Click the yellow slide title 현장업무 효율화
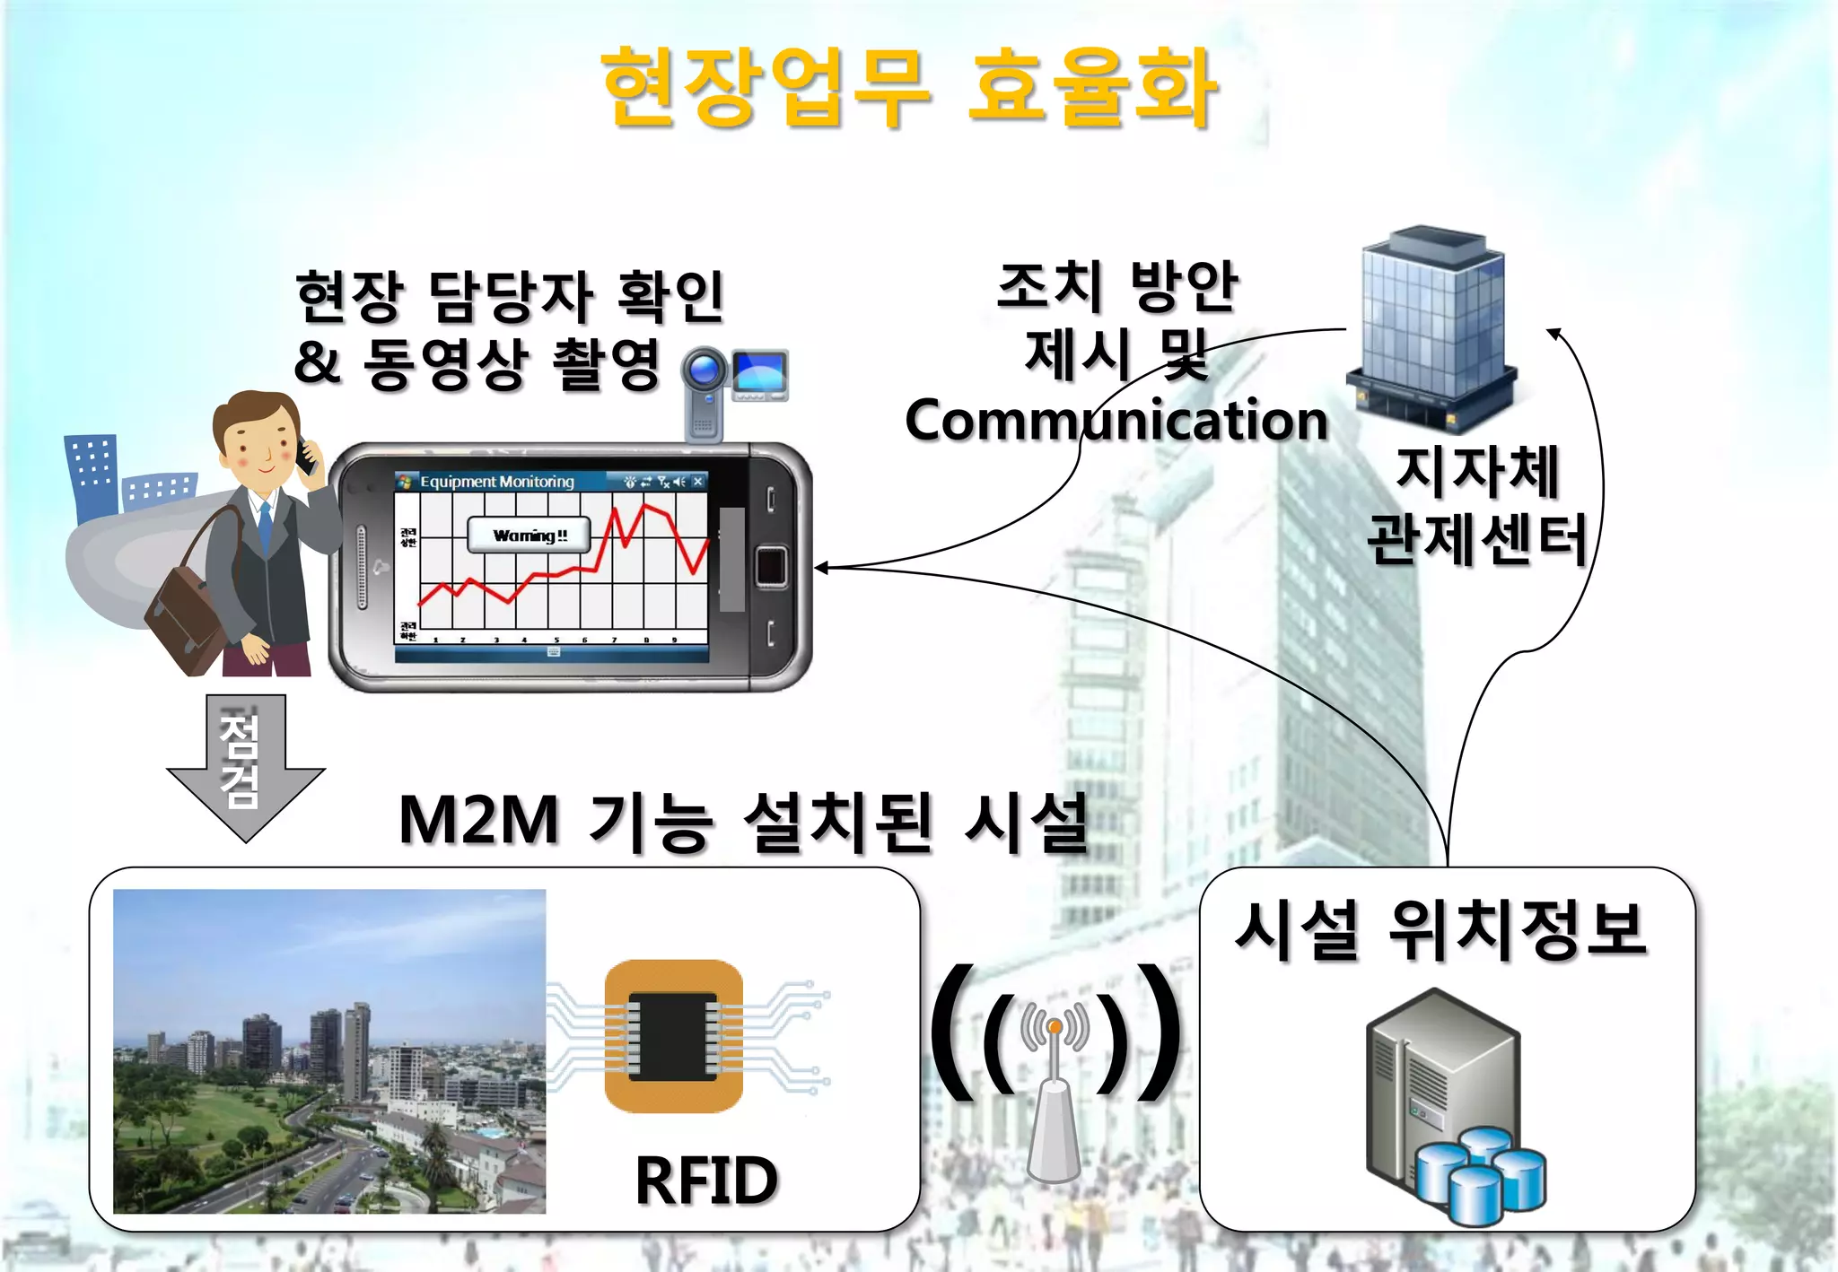908,88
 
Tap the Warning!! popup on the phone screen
530,536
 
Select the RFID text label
706,1180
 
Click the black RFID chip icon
673,1036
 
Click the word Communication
1116,420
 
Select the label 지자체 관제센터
1477,506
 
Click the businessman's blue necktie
265,525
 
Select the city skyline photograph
329,1051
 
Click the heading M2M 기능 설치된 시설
743,821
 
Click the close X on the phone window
697,482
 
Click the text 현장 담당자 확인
509,296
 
